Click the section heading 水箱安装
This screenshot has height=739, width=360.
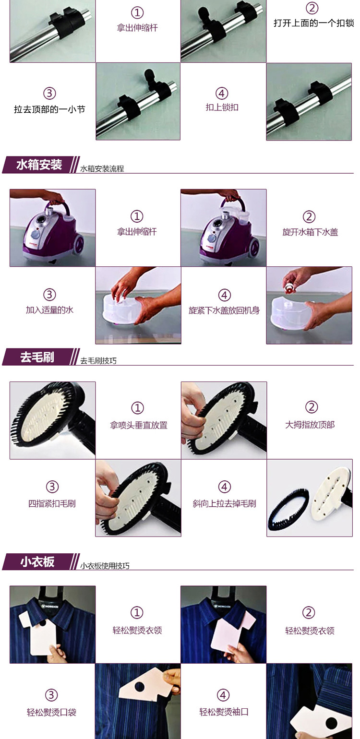(x=39, y=164)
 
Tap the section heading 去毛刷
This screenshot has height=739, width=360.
(x=37, y=357)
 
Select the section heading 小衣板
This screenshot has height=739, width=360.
(x=37, y=561)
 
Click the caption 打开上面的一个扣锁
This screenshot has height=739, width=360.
(x=314, y=23)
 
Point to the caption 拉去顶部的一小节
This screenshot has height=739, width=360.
(x=49, y=109)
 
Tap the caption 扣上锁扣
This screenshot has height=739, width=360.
(x=222, y=107)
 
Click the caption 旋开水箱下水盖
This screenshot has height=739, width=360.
(x=310, y=232)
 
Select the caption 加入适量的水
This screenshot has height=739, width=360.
(x=49, y=310)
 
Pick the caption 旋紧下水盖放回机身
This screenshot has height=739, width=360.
(x=224, y=310)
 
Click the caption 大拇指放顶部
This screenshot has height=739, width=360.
(x=310, y=424)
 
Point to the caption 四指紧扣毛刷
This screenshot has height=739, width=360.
(x=52, y=503)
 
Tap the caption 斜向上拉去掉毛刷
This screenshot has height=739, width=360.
(x=224, y=503)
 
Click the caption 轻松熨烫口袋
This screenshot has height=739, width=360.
(x=51, y=712)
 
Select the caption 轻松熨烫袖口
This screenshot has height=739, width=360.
(x=224, y=712)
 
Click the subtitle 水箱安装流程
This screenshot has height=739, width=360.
(x=102, y=168)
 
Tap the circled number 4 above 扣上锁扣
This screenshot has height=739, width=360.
(x=222, y=94)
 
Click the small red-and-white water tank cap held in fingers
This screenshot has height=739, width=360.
(x=289, y=286)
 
